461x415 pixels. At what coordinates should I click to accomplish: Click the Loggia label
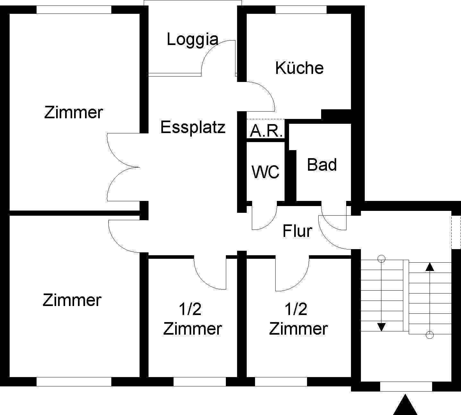tap(193, 40)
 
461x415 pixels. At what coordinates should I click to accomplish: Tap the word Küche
tap(299, 68)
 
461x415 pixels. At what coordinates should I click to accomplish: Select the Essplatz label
tap(193, 127)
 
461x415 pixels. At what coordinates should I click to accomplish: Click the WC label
tap(266, 172)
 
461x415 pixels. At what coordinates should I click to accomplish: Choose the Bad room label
tap(322, 165)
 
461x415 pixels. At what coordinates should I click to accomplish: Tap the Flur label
tap(297, 231)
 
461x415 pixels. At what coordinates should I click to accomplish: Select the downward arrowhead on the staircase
tap(381, 327)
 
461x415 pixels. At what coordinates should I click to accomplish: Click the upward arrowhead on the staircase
tap(429, 266)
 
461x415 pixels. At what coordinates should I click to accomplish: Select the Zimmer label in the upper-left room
tap(73, 113)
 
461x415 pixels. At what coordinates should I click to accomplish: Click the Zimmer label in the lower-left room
tap(72, 300)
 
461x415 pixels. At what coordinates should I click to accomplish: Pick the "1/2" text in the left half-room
tap(190, 309)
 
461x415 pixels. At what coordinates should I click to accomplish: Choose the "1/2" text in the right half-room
tap(296, 309)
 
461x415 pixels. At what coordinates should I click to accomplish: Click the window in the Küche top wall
tap(301, 10)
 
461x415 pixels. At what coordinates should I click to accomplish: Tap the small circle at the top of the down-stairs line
tap(381, 258)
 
